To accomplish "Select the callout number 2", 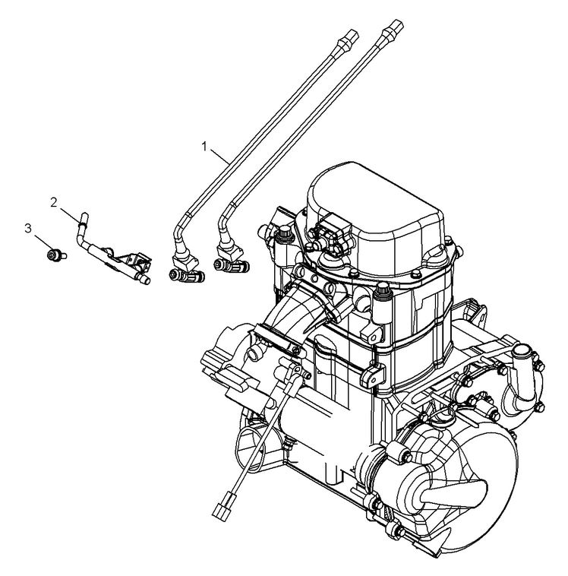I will tap(54, 201).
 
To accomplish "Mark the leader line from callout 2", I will tap(68, 210).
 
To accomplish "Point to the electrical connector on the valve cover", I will tap(333, 231).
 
